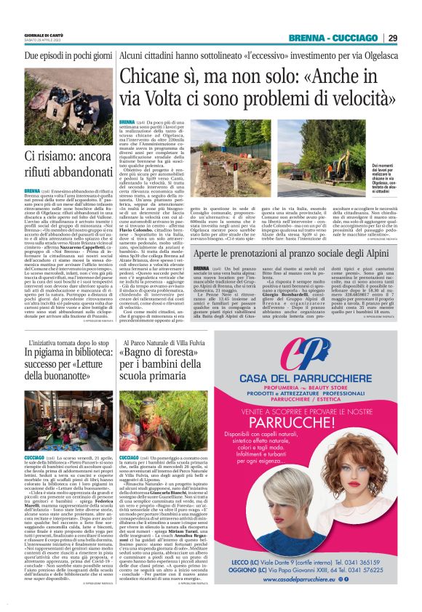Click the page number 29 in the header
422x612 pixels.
pyautogui.click(x=392, y=38)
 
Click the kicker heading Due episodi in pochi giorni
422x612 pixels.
pyautogui.click(x=65, y=55)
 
